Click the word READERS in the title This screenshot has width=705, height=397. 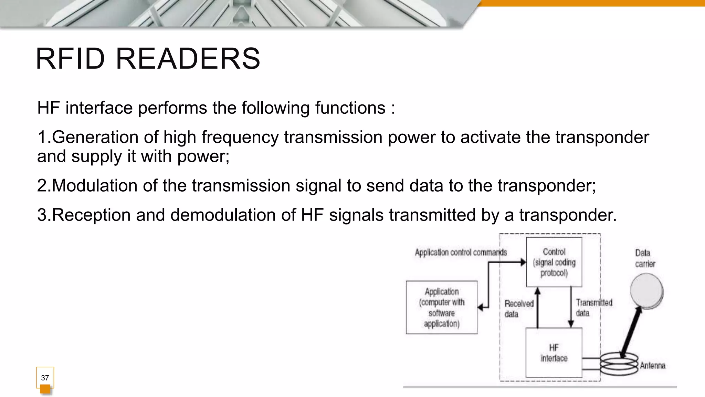(188, 59)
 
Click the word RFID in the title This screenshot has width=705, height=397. (70, 59)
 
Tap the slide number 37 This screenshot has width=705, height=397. (45, 378)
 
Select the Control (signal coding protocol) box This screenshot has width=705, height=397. (554, 262)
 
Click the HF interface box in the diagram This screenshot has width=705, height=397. (554, 353)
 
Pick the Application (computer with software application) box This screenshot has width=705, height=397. (442, 307)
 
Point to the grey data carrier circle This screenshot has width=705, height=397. (646, 290)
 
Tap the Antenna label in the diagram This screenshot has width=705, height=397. (653, 366)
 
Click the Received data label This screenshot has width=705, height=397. (519, 309)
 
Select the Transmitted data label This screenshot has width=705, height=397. (594, 308)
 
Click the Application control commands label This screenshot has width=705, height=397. (461, 253)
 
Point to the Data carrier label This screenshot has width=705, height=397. (645, 258)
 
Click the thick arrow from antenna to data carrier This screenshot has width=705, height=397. (631, 333)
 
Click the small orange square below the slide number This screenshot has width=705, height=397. (45, 389)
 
